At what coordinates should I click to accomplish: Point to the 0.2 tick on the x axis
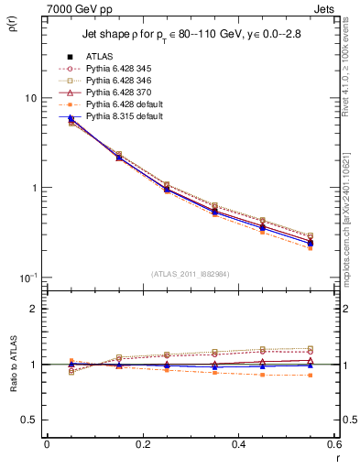(142, 445)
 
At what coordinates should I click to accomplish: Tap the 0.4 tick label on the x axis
(238, 445)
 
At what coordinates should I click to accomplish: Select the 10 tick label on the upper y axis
(31, 98)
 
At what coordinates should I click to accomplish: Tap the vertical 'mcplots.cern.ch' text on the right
(347, 220)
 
